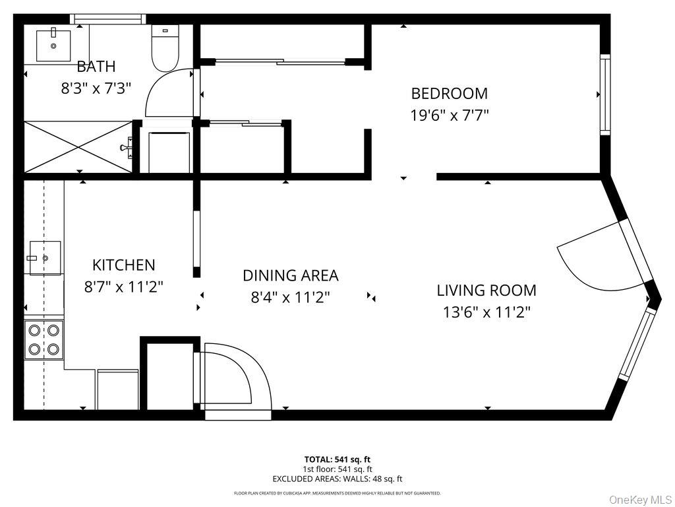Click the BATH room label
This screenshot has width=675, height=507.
pyautogui.click(x=96, y=66)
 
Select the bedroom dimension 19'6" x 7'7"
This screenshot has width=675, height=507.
pyautogui.click(x=449, y=116)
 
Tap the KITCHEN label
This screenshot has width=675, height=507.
pyautogui.click(x=123, y=265)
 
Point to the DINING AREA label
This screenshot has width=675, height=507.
pyautogui.click(x=290, y=275)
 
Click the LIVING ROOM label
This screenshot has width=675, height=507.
pyautogui.click(x=486, y=290)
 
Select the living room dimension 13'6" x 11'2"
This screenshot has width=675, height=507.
pyautogui.click(x=486, y=312)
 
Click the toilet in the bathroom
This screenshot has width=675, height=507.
pyautogui.click(x=165, y=48)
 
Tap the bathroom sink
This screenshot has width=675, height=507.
pyautogui.click(x=53, y=45)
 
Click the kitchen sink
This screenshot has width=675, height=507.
pyautogui.click(x=44, y=257)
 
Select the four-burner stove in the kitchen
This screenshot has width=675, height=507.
pyautogui.click(x=44, y=339)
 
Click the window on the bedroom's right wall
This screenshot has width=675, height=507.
pyautogui.click(x=604, y=94)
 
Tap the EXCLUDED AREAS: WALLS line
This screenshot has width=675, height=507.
pyautogui.click(x=337, y=479)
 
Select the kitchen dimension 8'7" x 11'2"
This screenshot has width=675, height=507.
pyautogui.click(x=123, y=287)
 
